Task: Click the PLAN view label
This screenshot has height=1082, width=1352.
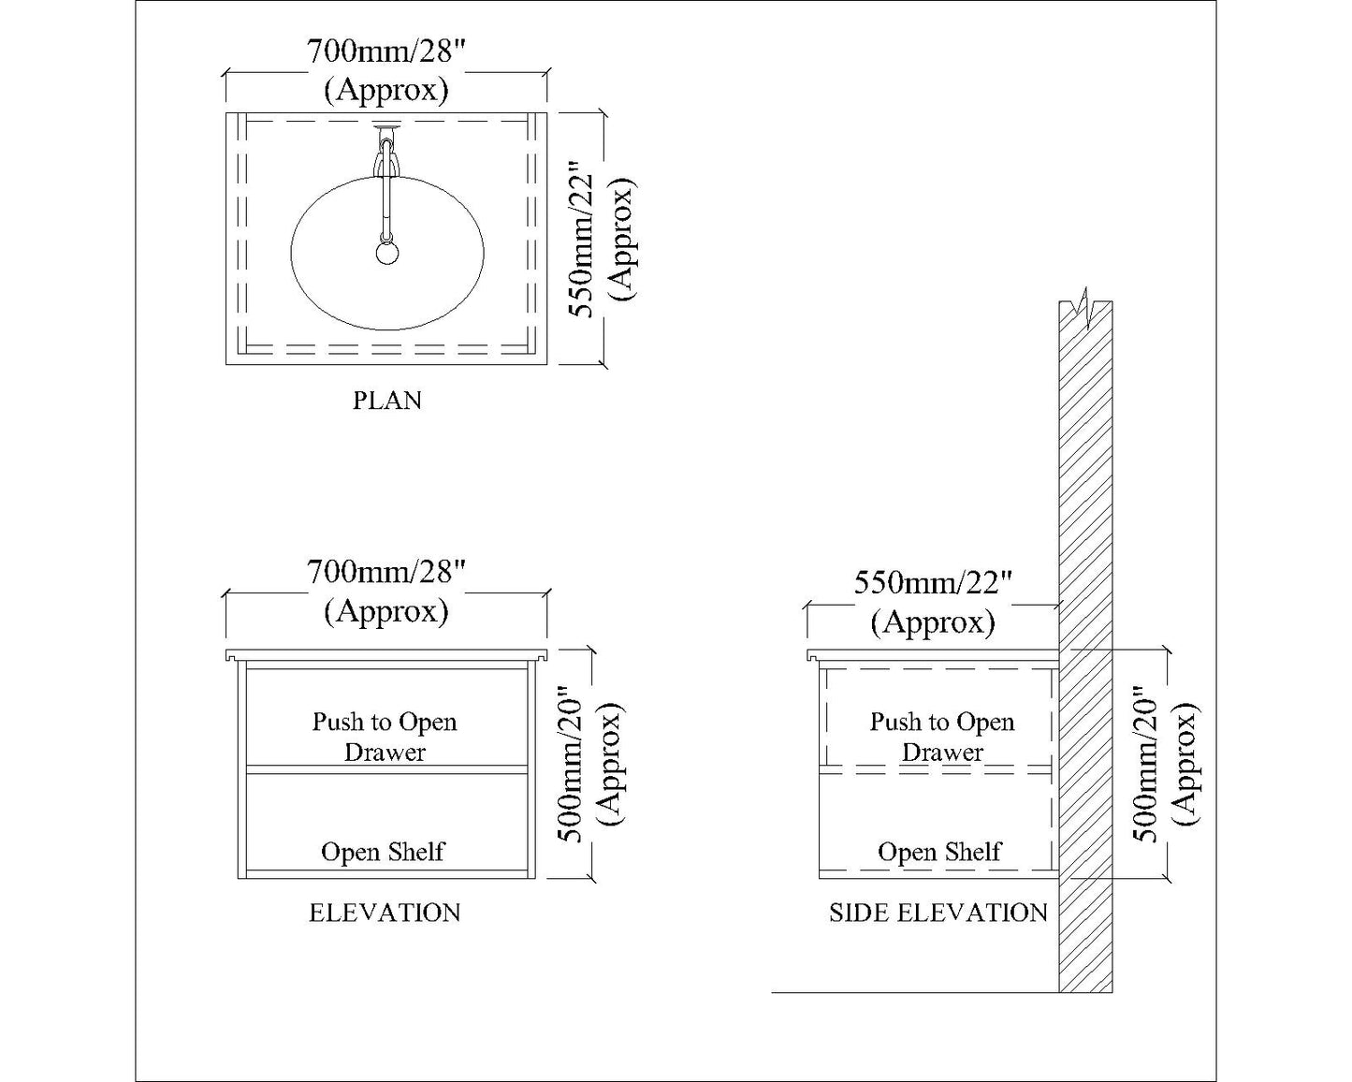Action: tap(386, 401)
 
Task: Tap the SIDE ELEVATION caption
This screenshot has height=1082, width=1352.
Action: tap(938, 913)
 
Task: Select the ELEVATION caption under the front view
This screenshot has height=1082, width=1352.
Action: tap(385, 913)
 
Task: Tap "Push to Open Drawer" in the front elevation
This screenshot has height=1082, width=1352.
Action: tap(385, 737)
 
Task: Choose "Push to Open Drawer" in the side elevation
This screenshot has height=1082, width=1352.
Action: tap(942, 737)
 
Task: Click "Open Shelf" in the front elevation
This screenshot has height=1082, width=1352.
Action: tap(383, 852)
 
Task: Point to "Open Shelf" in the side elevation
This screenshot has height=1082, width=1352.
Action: tap(939, 852)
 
